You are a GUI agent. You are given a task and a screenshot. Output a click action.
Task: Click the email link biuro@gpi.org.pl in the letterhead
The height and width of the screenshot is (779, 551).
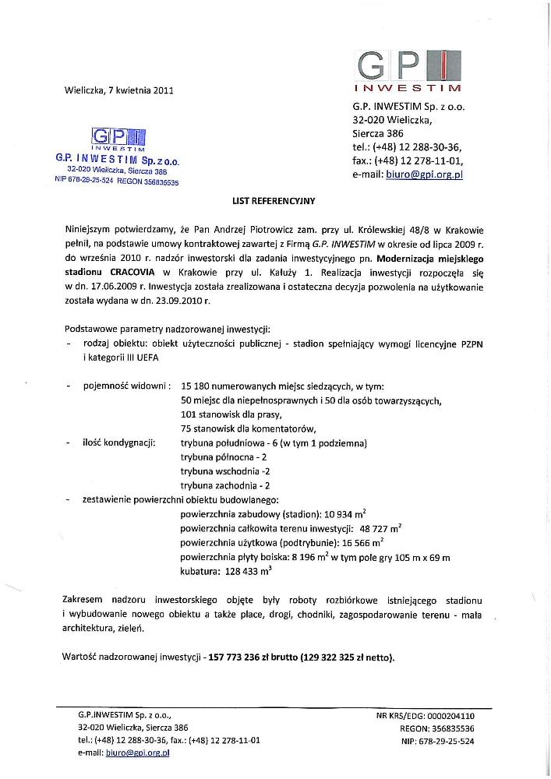425,175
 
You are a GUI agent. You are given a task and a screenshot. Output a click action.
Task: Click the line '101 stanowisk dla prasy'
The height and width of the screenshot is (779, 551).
231,414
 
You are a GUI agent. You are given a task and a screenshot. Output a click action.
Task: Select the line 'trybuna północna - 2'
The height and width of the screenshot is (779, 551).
224,457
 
